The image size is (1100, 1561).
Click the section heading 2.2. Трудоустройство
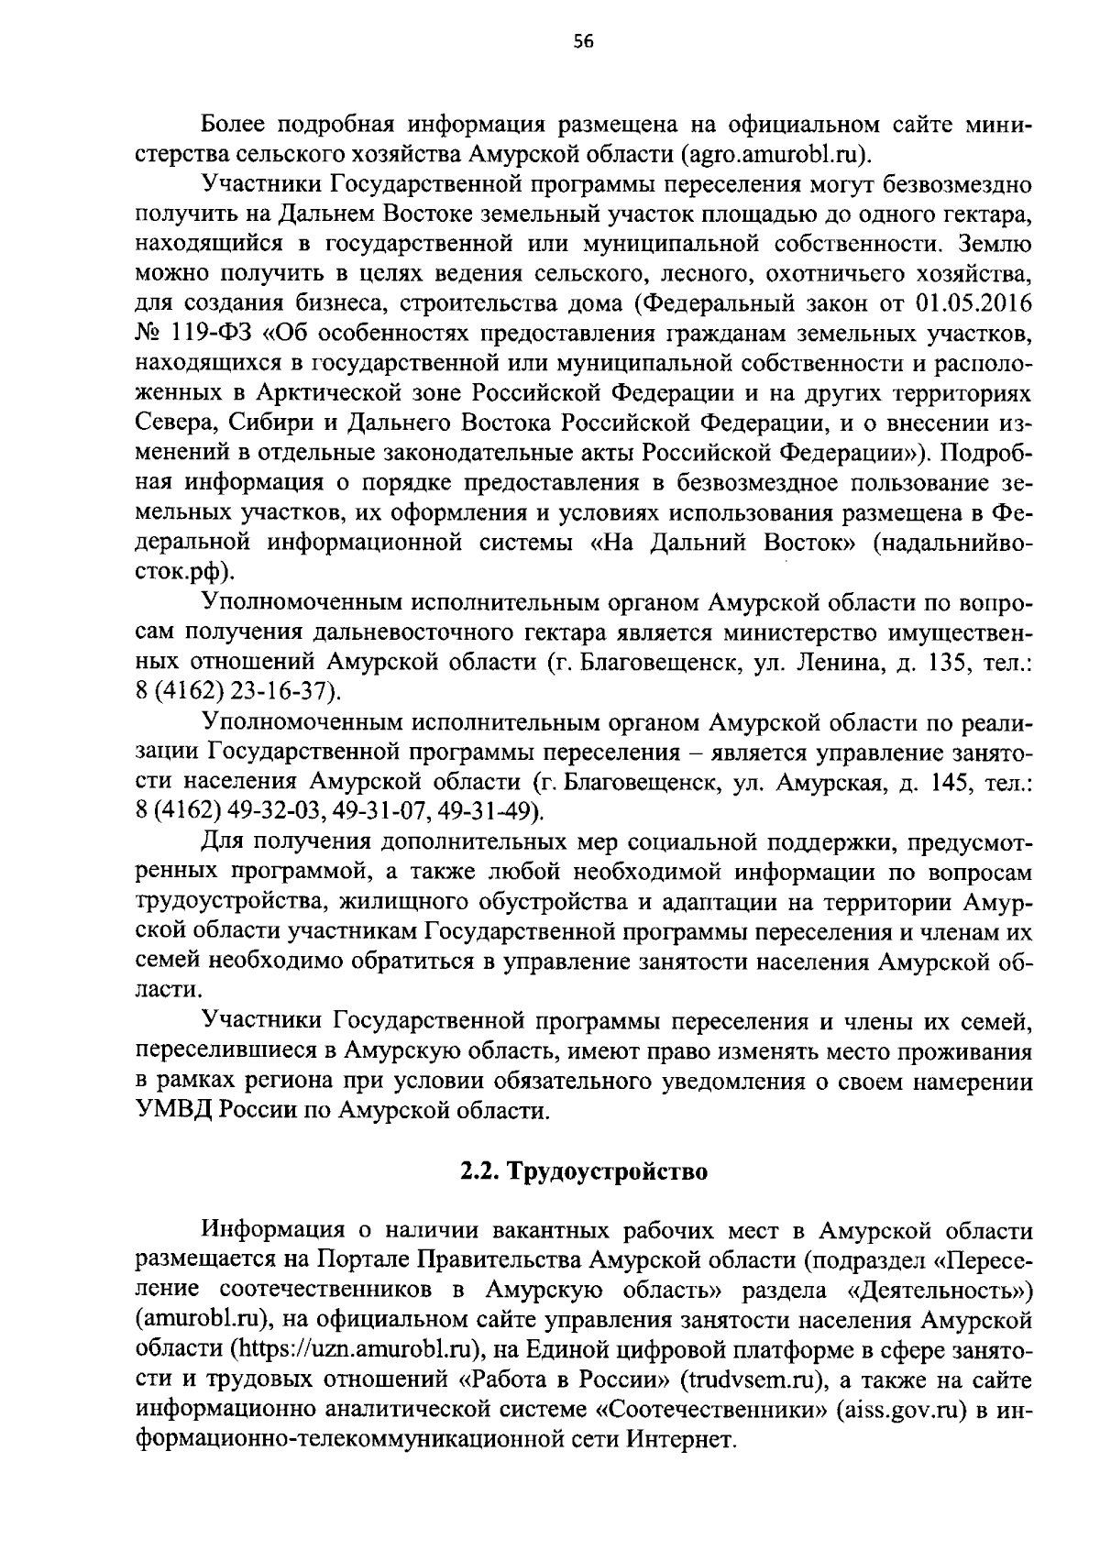coord(584,1171)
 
